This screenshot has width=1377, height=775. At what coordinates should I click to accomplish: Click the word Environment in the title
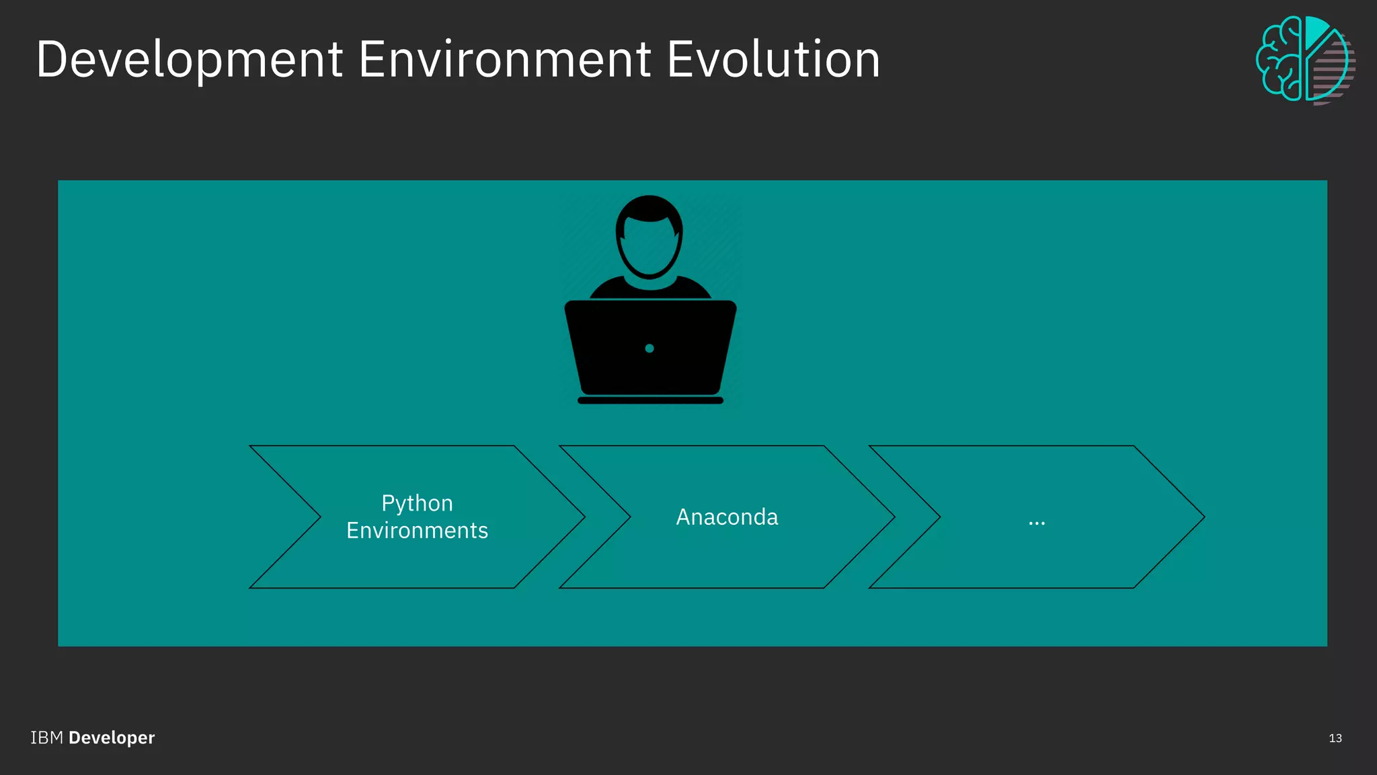(x=504, y=61)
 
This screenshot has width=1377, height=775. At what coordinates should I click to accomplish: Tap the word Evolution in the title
(x=773, y=61)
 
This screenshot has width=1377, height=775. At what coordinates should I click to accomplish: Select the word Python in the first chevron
(x=417, y=503)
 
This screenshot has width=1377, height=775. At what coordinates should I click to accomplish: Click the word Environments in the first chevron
(x=417, y=531)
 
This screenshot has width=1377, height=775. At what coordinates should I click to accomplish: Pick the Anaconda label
(x=727, y=517)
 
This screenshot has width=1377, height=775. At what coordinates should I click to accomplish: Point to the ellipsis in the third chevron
(x=1037, y=522)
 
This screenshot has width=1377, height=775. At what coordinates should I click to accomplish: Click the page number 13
(x=1335, y=738)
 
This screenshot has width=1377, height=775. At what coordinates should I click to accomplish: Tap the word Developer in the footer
(x=112, y=738)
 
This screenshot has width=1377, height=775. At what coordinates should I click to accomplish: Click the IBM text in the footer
(x=47, y=738)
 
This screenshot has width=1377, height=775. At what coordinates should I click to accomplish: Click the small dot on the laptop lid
(x=650, y=348)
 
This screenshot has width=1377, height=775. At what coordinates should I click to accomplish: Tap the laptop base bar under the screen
(x=650, y=400)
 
